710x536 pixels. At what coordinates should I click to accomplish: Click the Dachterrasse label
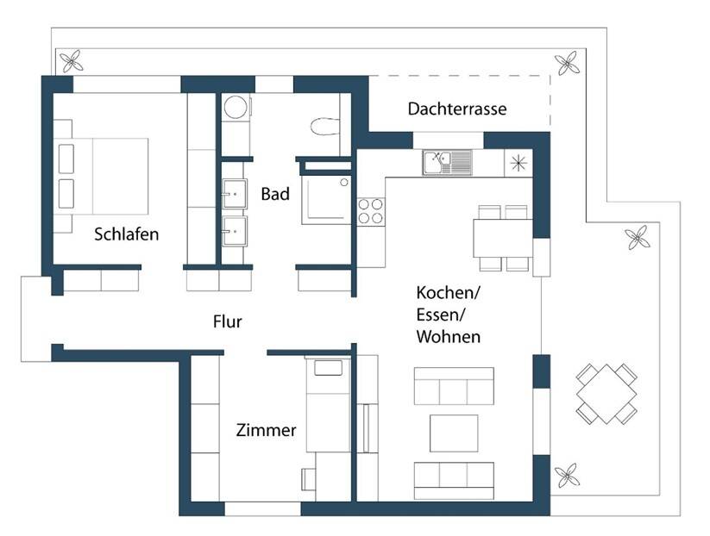456,109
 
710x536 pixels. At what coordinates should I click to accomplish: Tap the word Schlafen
127,234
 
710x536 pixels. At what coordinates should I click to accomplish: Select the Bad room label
274,194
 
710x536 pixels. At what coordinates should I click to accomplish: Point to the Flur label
228,322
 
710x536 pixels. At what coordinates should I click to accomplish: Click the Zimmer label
266,430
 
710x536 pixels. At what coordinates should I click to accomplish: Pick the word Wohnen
448,337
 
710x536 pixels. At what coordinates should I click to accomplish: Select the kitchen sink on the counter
447,162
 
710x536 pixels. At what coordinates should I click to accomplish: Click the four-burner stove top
371,211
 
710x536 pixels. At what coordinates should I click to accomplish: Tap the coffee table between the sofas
454,433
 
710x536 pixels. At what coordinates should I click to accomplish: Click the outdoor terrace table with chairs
608,393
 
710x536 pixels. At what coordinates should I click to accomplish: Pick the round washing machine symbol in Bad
235,109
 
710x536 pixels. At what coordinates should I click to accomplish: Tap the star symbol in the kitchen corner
518,162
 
